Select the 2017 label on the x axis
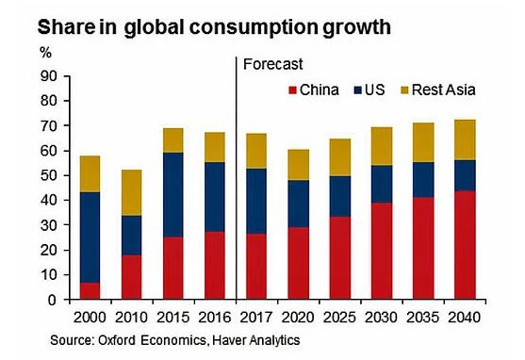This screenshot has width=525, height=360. (257, 317)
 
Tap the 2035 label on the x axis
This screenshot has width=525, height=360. (423, 317)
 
